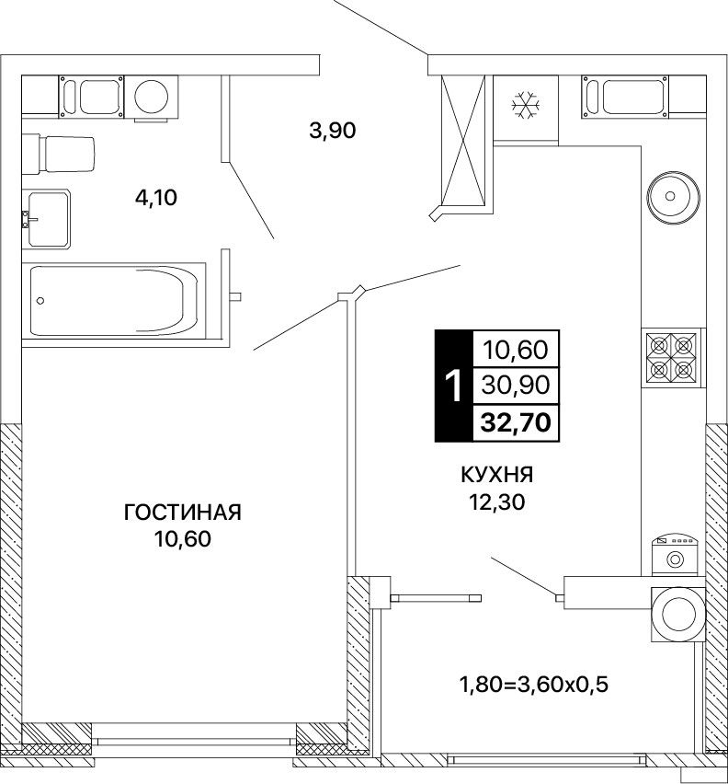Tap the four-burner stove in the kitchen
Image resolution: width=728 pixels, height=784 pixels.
click(x=672, y=357)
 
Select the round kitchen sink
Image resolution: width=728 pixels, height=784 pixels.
click(x=673, y=196)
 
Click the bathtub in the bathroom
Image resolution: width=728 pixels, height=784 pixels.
click(x=114, y=301)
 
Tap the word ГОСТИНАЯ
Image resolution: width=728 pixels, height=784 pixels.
click(x=182, y=513)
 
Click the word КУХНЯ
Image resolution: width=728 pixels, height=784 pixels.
click(x=496, y=475)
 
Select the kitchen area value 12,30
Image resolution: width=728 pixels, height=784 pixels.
click(x=496, y=502)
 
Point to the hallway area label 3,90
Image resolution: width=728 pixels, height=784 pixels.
click(x=333, y=131)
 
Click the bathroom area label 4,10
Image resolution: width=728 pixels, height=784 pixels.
click(x=156, y=198)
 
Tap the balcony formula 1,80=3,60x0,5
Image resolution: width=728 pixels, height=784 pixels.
click(x=534, y=685)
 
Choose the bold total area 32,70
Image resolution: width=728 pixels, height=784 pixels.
click(x=516, y=423)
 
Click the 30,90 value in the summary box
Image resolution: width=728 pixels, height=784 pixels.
click(x=516, y=386)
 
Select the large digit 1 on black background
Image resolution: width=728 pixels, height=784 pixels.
click(x=454, y=386)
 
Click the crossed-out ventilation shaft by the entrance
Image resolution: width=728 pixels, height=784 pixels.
click(x=464, y=141)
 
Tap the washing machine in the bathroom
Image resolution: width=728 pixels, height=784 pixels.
click(x=151, y=97)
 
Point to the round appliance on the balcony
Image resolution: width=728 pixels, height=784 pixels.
click(x=678, y=614)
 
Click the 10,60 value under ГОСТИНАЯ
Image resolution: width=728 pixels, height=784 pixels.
click(x=183, y=539)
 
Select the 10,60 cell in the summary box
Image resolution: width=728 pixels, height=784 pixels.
click(x=516, y=350)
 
